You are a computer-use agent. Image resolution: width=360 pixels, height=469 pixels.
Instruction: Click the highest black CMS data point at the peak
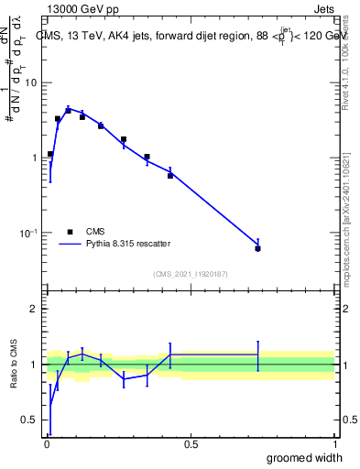(x=68, y=110)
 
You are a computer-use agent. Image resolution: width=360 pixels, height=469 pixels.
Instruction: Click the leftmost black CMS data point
(x=50, y=154)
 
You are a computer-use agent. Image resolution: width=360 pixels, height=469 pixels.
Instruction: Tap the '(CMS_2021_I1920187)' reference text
(x=191, y=274)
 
